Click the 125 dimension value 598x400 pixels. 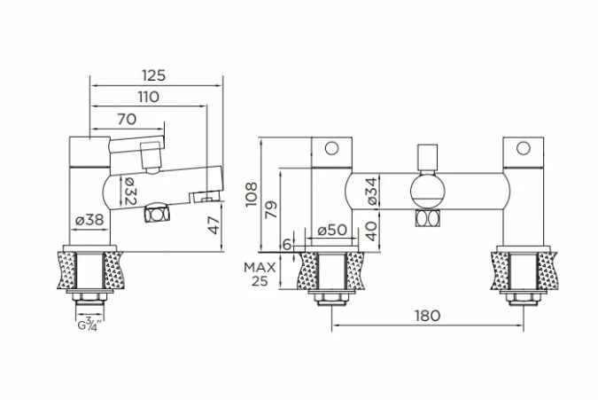[153, 75]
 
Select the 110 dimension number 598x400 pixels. [148, 97]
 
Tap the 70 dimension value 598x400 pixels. [127, 120]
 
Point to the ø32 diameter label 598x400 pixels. [128, 192]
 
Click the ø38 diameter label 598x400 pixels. [89, 220]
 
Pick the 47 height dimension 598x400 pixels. [214, 224]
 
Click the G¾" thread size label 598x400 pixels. [89, 324]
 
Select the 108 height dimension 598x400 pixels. [252, 194]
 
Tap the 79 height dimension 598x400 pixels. [271, 209]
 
